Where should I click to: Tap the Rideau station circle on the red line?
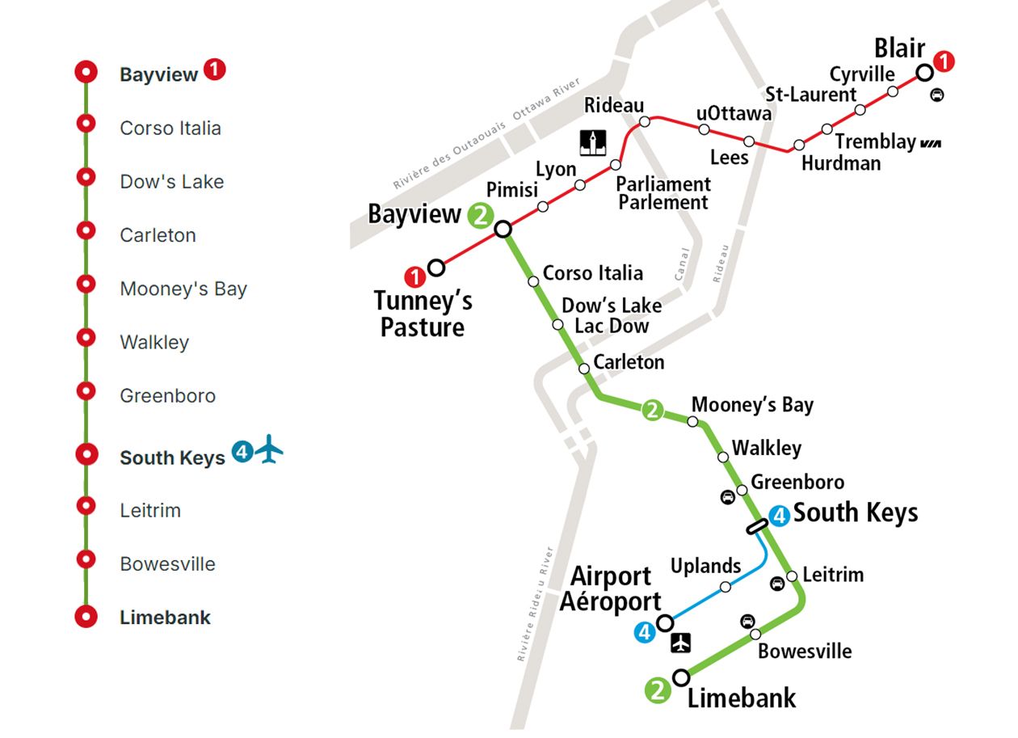pos(645,122)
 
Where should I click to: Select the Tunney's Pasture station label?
pos(423,314)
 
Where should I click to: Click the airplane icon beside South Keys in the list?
pos(270,450)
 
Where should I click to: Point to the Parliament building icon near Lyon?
pos(594,142)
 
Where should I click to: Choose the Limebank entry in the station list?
pos(165,618)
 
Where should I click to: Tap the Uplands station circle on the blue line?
pos(726,587)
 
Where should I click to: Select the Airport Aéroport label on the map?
pos(611,588)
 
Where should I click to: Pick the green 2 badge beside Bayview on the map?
pos(480,215)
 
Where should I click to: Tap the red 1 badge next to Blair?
pos(944,61)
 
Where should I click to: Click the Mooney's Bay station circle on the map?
pos(692,421)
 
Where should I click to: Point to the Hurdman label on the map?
pos(841,162)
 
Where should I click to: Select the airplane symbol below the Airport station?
pos(683,643)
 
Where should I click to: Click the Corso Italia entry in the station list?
pos(170,129)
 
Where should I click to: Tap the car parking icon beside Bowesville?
pos(748,621)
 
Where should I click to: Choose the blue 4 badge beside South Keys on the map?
pos(779,515)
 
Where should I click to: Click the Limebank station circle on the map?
pos(682,677)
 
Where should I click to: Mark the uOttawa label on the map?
pos(734,114)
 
